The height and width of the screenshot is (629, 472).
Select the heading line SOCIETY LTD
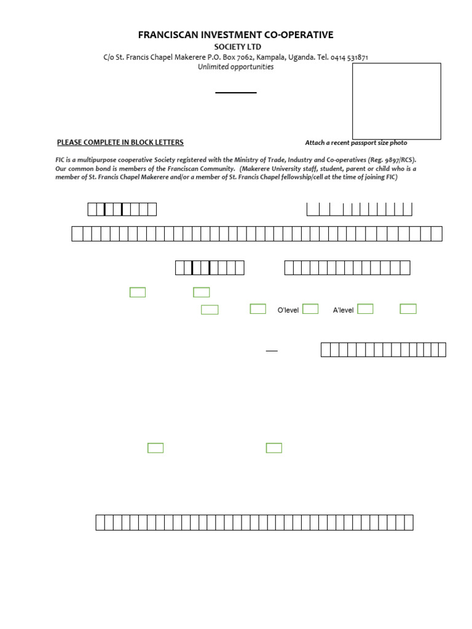click(x=237, y=47)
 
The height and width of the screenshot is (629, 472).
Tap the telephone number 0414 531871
click(x=349, y=57)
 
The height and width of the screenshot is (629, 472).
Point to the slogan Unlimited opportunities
click(x=236, y=67)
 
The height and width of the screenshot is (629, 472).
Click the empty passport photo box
click(x=396, y=101)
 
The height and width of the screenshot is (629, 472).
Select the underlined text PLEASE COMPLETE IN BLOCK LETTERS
click(x=120, y=143)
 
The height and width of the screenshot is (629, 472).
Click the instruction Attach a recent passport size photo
click(x=356, y=143)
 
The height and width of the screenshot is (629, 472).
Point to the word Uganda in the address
click(x=301, y=57)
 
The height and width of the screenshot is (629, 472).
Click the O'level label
click(x=288, y=310)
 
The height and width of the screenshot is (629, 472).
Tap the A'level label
click(x=344, y=310)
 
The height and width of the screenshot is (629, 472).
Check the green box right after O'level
click(x=310, y=309)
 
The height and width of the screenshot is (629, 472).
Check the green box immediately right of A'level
click(x=365, y=309)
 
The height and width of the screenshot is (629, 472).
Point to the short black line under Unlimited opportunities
click(x=235, y=93)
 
